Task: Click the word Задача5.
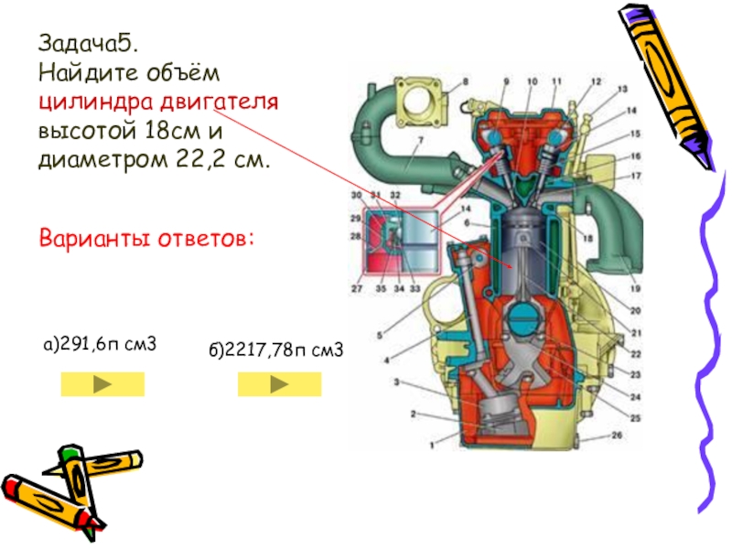click(x=75, y=43)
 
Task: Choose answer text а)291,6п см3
click(x=101, y=346)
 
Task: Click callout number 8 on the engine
click(x=464, y=82)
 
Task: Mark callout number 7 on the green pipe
click(x=420, y=140)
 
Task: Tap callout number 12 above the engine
click(x=596, y=82)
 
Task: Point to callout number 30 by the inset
click(x=356, y=196)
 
